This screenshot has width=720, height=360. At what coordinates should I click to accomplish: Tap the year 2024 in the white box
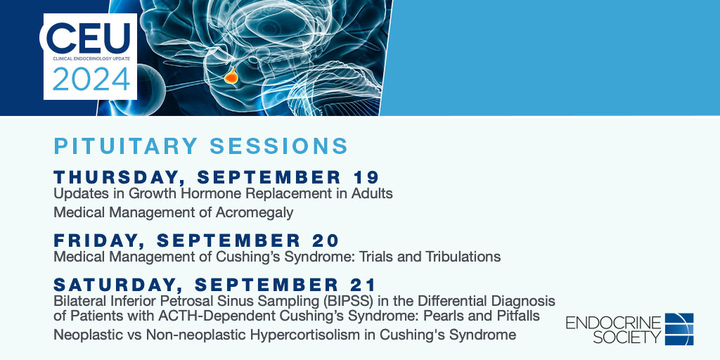tap(90, 79)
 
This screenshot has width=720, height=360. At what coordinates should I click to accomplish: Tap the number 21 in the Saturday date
tap(364, 285)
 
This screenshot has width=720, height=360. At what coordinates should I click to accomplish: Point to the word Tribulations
tap(463, 257)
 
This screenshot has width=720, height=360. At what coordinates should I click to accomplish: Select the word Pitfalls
tap(515, 316)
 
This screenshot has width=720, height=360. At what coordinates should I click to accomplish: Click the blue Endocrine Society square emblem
tap(679, 329)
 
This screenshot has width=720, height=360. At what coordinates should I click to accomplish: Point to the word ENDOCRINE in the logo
tap(614, 322)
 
